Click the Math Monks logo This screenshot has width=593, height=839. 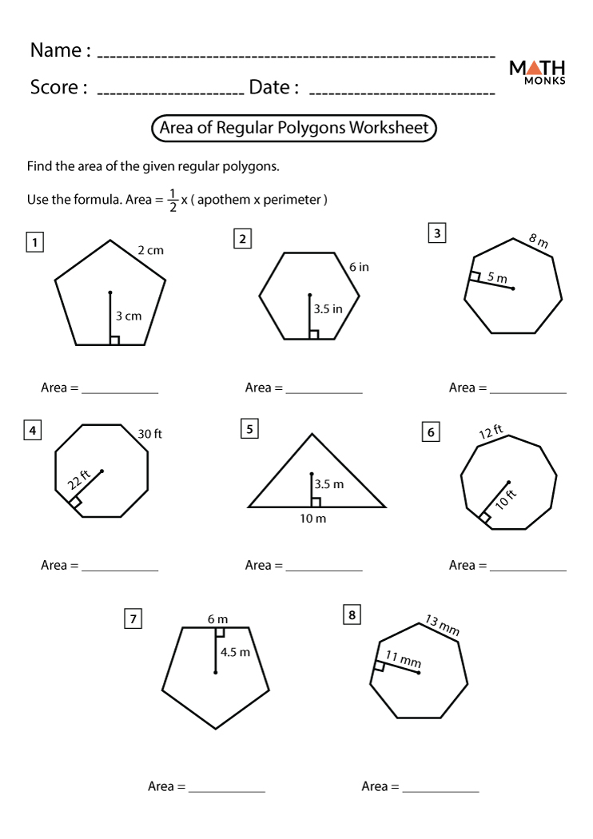(537, 72)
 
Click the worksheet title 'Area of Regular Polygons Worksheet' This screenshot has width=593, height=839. (294, 128)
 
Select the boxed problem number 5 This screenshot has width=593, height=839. (249, 430)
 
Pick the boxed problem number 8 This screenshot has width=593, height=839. (351, 614)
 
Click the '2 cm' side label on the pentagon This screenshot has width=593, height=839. (150, 250)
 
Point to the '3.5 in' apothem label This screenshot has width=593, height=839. (328, 308)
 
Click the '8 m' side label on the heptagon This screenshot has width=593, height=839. (539, 241)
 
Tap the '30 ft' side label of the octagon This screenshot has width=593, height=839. (149, 434)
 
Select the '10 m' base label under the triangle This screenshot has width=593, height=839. (312, 519)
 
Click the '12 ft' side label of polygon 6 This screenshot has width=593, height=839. (491, 432)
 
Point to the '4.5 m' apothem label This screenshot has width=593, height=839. (235, 652)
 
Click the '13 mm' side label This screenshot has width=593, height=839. (442, 625)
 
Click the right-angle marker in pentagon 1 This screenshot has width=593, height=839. (114, 340)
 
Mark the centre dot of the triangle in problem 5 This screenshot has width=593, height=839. (312, 474)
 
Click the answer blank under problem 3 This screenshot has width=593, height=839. (527, 390)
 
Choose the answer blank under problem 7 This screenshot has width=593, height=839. (226, 789)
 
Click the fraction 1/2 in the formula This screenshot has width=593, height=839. (173, 200)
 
